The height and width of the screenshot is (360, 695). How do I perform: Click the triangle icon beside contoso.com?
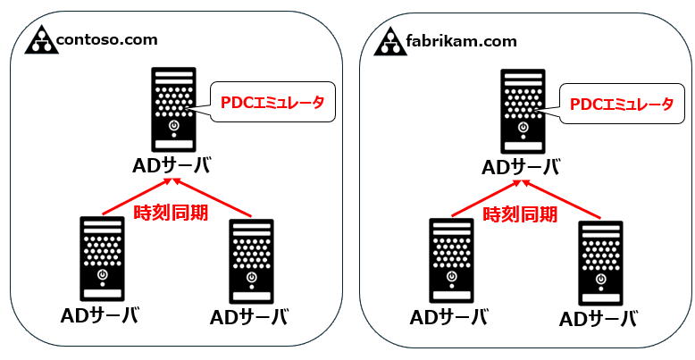(x=40, y=40)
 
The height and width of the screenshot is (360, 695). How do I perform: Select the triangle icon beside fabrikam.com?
(x=389, y=40)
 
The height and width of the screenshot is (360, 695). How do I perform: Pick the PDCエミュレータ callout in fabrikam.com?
(x=621, y=104)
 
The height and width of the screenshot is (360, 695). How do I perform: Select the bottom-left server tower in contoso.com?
(x=101, y=258)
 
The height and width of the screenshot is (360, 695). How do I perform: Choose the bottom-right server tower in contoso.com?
(x=251, y=260)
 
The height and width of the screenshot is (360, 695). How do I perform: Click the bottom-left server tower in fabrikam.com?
(x=450, y=258)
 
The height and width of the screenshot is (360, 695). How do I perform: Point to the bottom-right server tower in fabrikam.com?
(x=600, y=260)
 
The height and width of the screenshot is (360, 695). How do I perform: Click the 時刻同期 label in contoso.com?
(x=171, y=213)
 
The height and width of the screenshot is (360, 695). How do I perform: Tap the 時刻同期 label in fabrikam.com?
(x=520, y=213)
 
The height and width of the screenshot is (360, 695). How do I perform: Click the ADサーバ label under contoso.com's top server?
(x=172, y=166)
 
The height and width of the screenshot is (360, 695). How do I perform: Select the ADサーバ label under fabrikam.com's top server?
(x=521, y=166)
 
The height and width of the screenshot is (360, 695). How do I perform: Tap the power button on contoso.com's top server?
(x=173, y=125)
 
